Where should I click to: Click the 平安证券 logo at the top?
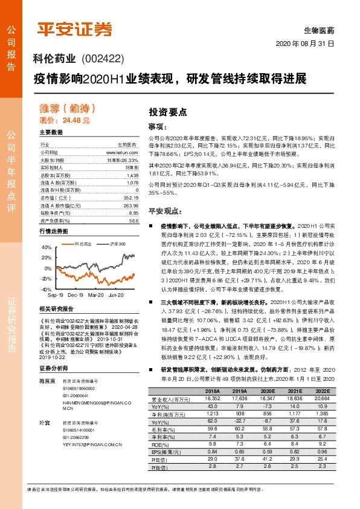point(75,28)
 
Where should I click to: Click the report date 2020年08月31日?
point(305,44)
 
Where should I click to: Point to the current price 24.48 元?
point(76,120)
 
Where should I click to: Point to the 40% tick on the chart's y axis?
point(47,248)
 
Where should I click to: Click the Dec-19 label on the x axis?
point(76,295)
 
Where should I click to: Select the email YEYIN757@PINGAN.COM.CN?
point(85,446)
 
